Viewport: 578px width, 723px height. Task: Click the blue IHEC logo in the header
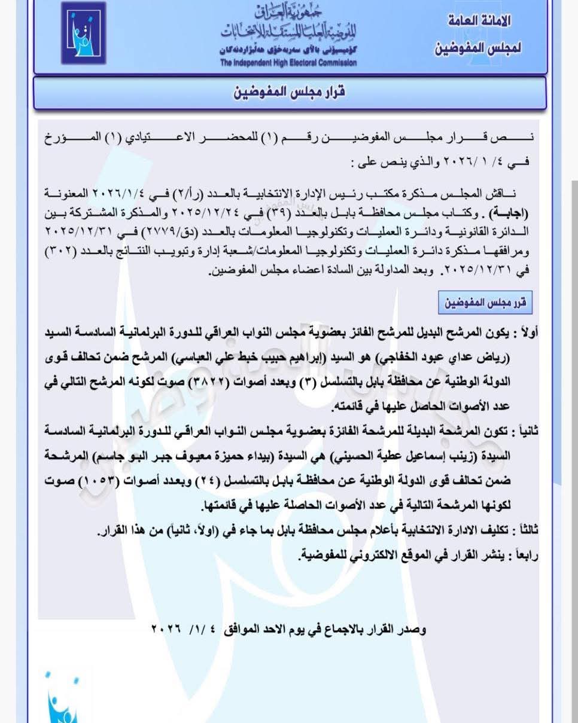click(x=83, y=33)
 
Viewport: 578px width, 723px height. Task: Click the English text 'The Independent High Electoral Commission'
click(x=288, y=62)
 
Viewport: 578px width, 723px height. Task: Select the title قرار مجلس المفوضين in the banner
click(x=288, y=93)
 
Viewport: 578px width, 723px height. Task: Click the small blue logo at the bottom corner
click(x=64, y=697)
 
